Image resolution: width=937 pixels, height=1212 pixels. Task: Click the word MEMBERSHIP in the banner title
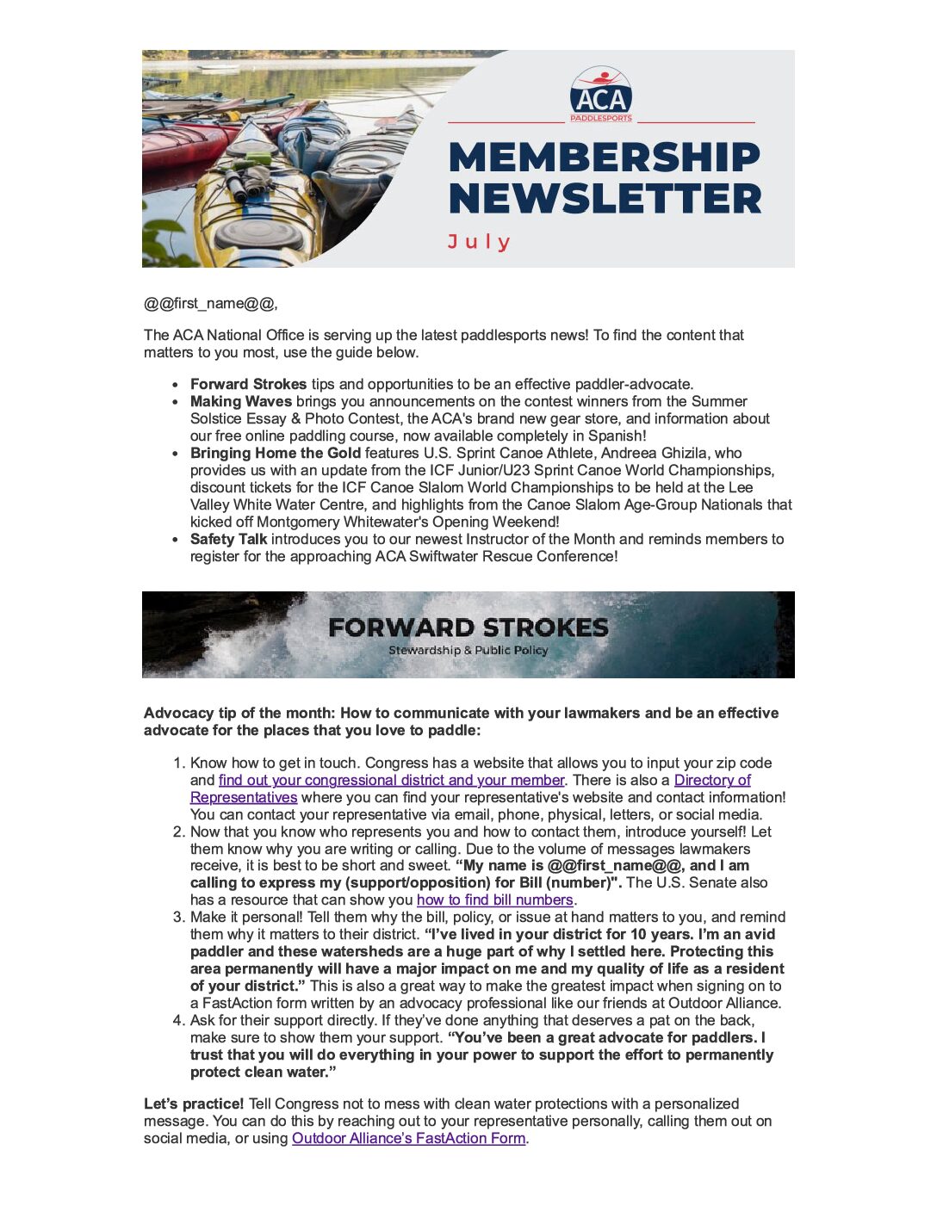point(605,157)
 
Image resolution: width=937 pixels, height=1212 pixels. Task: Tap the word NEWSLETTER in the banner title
point(605,199)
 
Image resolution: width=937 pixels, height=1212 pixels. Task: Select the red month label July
point(479,242)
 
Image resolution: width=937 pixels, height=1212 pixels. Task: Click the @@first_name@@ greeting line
point(210,303)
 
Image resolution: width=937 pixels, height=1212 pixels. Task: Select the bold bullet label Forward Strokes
point(248,384)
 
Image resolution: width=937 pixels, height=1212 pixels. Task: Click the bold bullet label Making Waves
point(240,401)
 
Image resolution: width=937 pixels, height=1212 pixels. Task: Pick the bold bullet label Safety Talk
point(228,539)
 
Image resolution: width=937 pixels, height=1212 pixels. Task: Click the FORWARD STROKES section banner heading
point(468,628)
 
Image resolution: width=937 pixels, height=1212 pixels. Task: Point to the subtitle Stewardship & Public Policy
point(468,651)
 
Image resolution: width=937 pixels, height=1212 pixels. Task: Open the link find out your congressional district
point(391,780)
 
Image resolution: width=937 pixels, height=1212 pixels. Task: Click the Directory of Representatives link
point(712,780)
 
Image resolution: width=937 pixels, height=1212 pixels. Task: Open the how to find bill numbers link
point(494,900)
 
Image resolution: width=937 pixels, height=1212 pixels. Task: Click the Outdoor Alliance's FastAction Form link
point(408,1138)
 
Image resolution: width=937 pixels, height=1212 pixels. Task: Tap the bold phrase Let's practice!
point(194,1104)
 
